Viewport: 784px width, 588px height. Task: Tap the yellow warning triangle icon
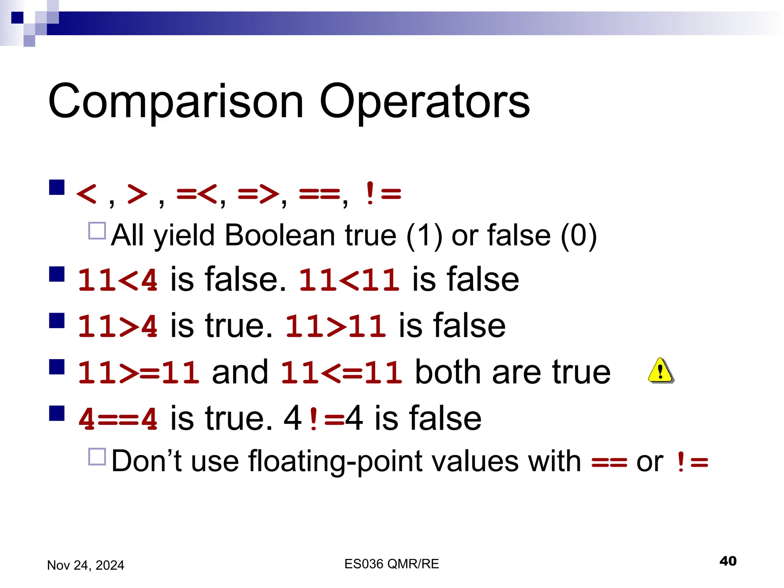pos(661,371)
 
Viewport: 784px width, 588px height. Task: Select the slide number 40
pos(728,561)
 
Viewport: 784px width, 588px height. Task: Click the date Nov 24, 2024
pos(85,565)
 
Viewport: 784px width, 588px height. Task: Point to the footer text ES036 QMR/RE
pos(391,564)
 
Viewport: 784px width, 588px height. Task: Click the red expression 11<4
pos(118,280)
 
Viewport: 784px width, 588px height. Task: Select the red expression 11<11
pos(349,280)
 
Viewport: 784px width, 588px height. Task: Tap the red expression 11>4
pos(118,326)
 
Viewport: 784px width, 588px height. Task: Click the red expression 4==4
pos(118,419)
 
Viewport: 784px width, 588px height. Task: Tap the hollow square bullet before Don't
pos(97,456)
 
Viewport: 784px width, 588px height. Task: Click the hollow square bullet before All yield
pos(97,230)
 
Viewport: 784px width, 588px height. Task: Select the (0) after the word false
pos(578,236)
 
